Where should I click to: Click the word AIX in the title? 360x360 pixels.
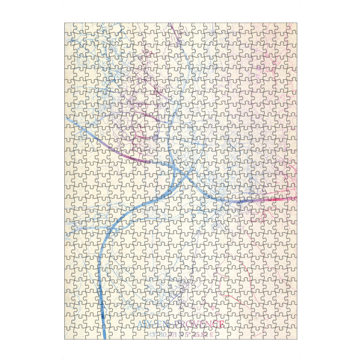146,325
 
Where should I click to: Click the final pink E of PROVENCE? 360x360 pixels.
223,325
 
